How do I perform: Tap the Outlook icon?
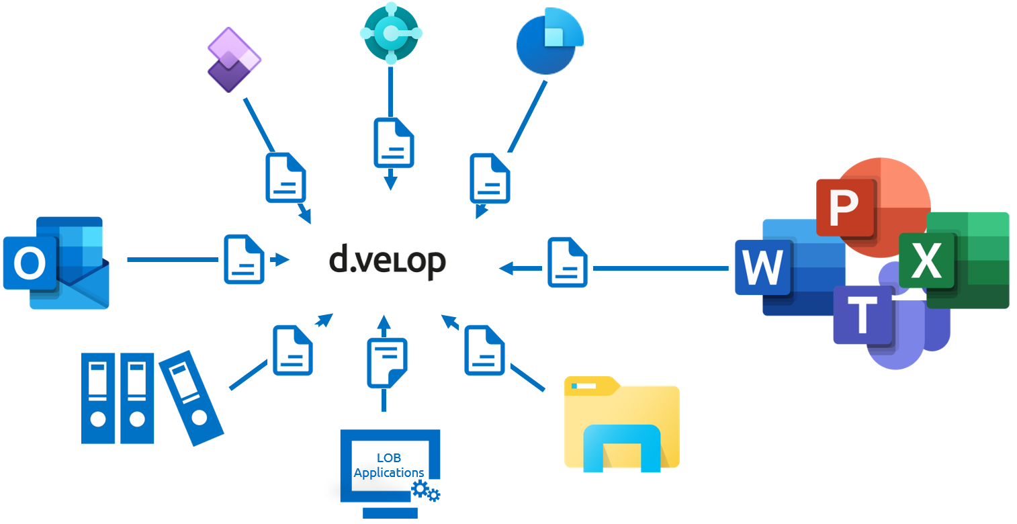(56, 263)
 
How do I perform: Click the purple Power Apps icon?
(232, 60)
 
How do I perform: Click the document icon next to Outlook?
(244, 259)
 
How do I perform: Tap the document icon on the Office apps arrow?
(568, 262)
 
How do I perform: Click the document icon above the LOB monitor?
(387, 363)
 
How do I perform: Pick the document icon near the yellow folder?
(484, 349)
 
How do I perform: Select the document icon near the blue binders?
(293, 350)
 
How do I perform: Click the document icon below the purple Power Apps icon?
(285, 177)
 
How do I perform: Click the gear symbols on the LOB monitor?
(426, 491)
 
